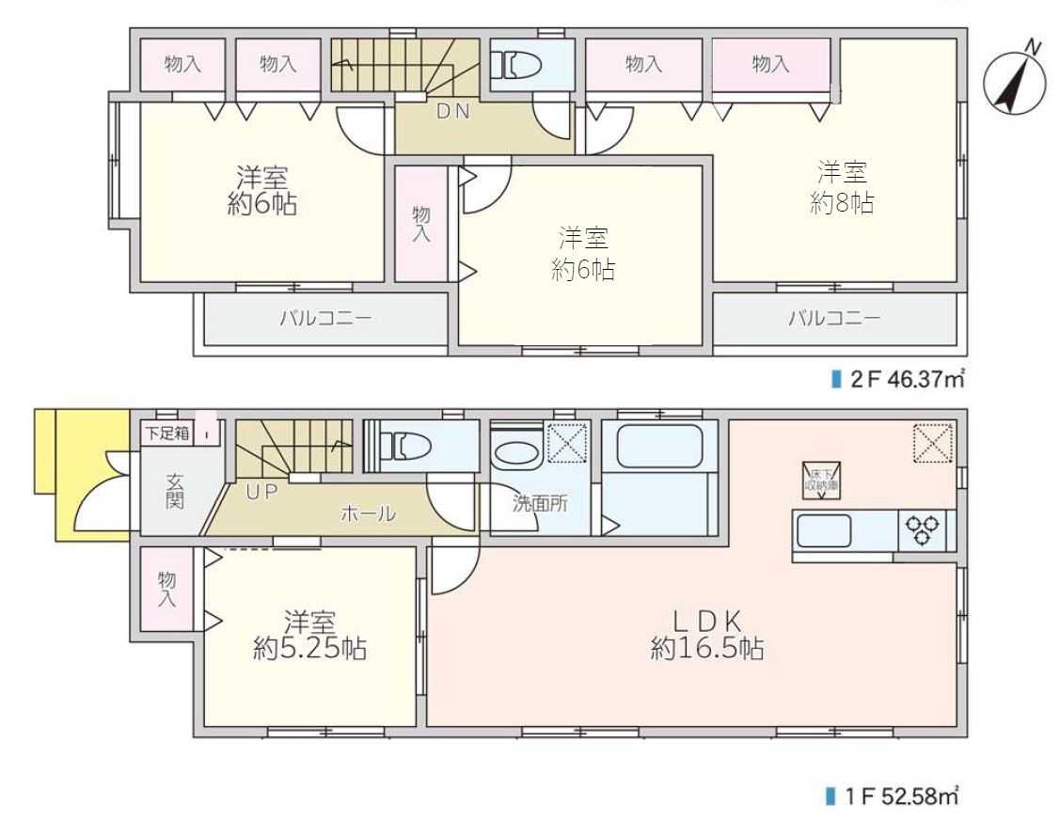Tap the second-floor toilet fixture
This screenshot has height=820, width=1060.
tap(516, 66)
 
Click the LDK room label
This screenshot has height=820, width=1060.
tap(707, 621)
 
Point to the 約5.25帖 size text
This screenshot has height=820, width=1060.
tap(310, 649)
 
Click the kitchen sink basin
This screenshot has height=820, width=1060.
tap(823, 530)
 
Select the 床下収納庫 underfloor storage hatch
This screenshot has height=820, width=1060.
tap(822, 480)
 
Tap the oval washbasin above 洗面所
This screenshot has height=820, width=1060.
tap(515, 455)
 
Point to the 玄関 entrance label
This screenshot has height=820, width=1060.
tap(174, 492)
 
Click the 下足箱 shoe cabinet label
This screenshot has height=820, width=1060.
tap(167, 433)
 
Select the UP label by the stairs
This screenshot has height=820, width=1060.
tap(261, 492)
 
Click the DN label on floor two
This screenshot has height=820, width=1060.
tap(453, 112)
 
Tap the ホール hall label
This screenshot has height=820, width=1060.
tap(368, 514)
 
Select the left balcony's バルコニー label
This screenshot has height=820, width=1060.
tap(325, 318)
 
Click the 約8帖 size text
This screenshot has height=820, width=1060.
tap(842, 202)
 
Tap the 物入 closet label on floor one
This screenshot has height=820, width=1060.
tap(167, 589)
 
